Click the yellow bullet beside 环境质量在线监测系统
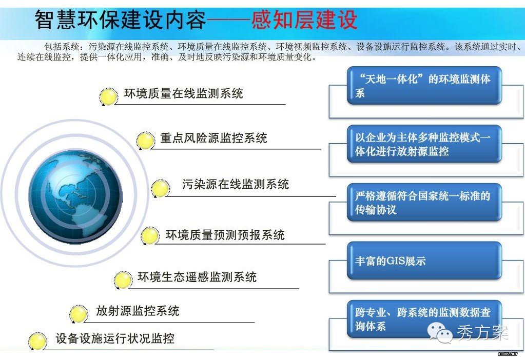click(109, 97)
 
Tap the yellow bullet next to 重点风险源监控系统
click(146, 141)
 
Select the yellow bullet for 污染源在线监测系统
click(161, 188)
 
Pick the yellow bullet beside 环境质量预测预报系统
click(150, 236)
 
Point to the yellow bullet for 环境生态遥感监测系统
click(123, 280)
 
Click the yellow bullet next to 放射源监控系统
click(79, 314)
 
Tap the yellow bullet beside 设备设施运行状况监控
click(37, 341)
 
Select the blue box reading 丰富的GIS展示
click(424, 261)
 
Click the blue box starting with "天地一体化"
click(424, 86)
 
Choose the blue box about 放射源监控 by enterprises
click(424, 144)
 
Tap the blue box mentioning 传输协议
click(424, 203)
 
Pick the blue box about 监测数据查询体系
click(424, 319)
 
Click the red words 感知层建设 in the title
click(304, 19)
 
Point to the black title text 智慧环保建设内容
click(121, 19)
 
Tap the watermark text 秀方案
click(482, 332)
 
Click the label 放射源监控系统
click(138, 311)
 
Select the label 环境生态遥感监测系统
click(197, 277)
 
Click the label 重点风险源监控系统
click(213, 138)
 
